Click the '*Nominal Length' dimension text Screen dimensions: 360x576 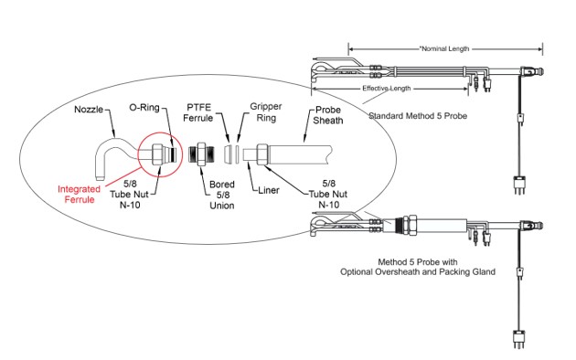click(444, 48)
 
